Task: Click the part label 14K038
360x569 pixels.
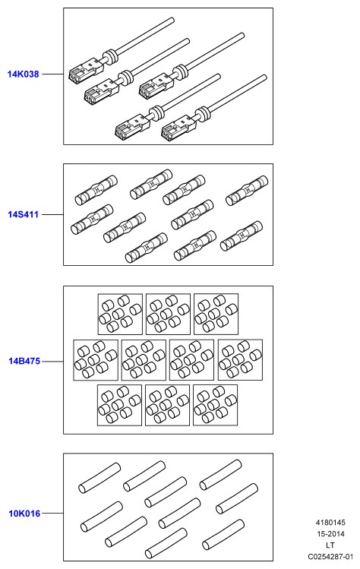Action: tap(24, 74)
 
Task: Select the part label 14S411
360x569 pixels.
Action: tap(24, 214)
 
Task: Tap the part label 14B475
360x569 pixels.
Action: tap(24, 361)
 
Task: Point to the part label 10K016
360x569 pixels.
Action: tap(24, 514)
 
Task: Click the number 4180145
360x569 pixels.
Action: tap(330, 523)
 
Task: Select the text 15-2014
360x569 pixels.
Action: tap(330, 534)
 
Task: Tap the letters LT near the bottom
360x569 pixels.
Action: tap(330, 545)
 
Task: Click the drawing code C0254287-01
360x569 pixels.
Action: tap(330, 557)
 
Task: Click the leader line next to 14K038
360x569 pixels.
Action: tap(52, 74)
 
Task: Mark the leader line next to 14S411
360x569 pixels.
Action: tap(52, 214)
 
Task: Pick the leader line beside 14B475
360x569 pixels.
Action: tap(53, 362)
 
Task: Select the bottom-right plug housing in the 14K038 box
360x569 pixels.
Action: tap(180, 128)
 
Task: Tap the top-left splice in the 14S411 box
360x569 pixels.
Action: tap(96, 190)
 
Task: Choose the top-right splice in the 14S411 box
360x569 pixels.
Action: tap(247, 191)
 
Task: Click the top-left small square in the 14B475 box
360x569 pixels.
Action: tap(120, 315)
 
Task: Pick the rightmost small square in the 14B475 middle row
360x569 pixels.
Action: tap(240, 360)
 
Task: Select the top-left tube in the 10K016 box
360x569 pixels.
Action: tap(99, 478)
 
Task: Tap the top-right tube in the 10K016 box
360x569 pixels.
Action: tap(220, 475)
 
